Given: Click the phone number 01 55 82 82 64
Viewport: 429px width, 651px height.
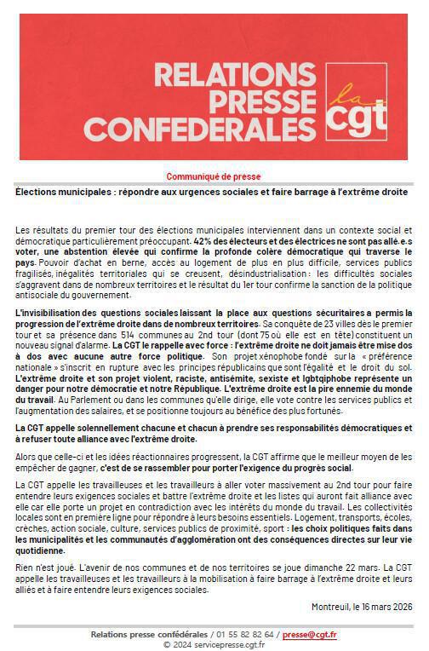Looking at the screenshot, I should click(246, 634).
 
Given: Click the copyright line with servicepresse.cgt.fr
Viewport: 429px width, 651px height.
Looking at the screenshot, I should click(214, 644).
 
